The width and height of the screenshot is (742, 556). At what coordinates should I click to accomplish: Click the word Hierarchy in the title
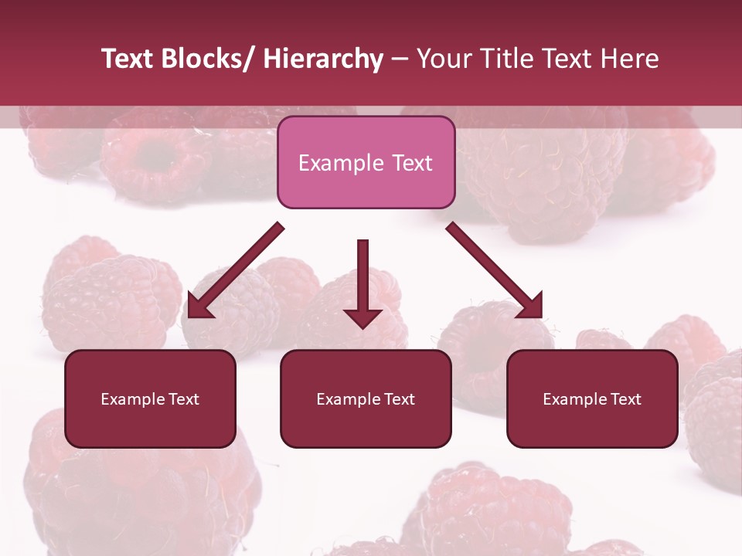(x=323, y=59)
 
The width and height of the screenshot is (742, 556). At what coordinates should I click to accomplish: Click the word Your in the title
(x=444, y=59)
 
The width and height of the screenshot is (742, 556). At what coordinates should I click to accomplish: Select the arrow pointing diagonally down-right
(x=495, y=270)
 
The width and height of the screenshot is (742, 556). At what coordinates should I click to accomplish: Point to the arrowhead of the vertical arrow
(x=362, y=317)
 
